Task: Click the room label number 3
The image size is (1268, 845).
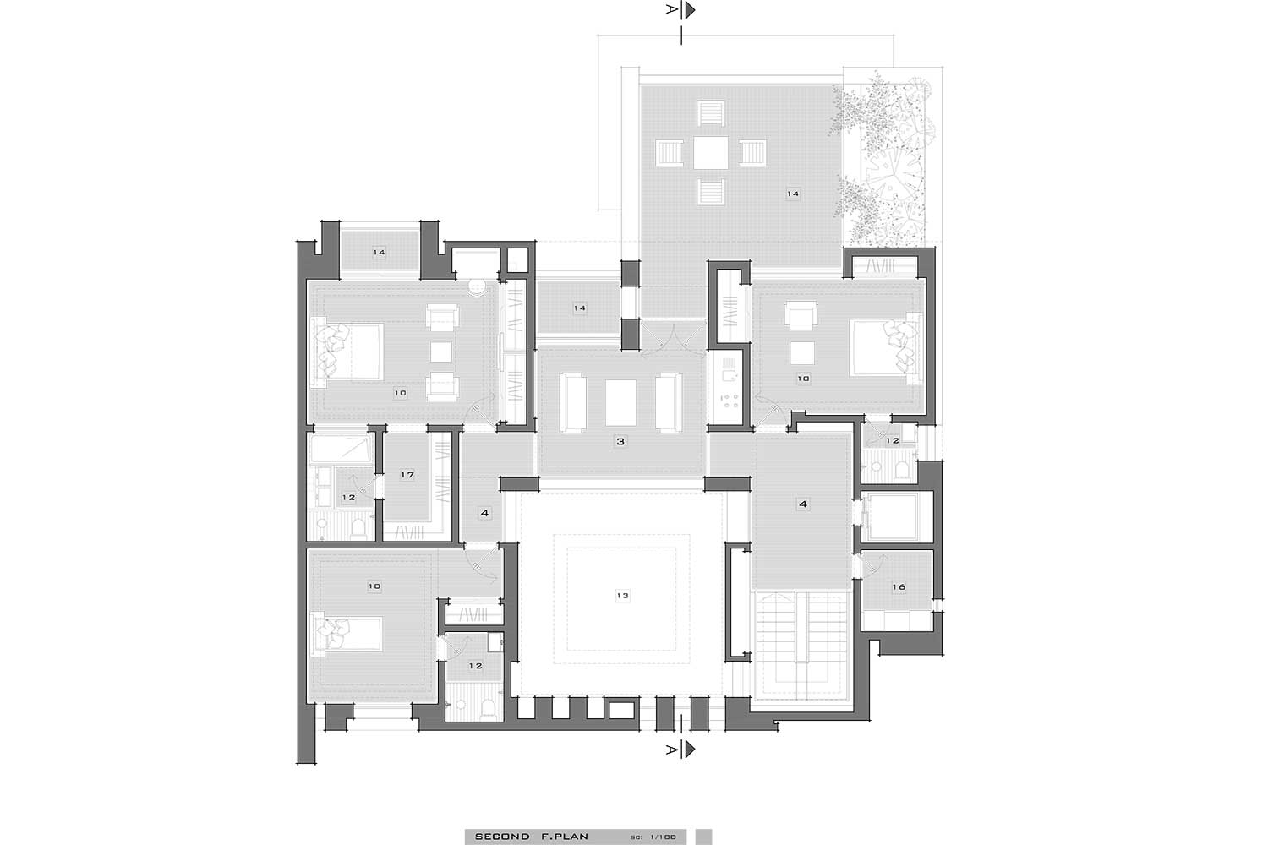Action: pos(620,441)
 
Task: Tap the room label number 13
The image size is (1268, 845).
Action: pos(622,596)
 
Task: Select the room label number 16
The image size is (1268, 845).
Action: pos(899,587)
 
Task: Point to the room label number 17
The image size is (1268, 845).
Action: pos(407,475)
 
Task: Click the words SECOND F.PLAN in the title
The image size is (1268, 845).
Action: pos(532,837)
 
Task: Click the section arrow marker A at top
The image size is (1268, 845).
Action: pos(681,9)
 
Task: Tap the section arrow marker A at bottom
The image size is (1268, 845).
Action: pos(681,750)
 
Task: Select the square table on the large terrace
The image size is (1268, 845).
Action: pos(710,153)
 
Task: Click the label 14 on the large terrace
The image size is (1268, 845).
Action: pos(793,194)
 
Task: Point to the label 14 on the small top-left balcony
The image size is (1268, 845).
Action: pos(379,253)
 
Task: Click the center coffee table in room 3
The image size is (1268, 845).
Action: pos(620,402)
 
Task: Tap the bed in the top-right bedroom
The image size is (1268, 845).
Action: pos(884,347)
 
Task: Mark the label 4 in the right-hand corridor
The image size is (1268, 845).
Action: pos(803,504)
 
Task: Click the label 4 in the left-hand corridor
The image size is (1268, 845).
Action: pos(484,514)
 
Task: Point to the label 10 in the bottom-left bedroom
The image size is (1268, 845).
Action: pos(374,586)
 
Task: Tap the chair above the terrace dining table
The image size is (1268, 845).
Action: pos(710,114)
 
